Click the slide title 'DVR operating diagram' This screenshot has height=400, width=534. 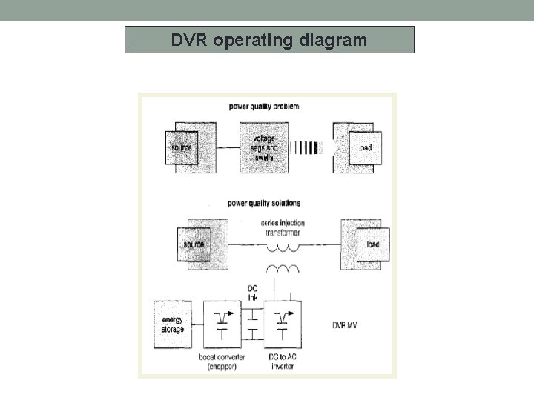268,40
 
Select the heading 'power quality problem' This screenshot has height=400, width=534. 263,107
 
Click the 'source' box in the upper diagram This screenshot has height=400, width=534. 181,148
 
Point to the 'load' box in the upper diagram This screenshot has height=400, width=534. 365,148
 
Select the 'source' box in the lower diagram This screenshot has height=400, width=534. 194,244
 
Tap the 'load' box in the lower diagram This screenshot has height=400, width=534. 371,244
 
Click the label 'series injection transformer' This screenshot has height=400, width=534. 283,227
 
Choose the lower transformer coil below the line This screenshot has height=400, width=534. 282,268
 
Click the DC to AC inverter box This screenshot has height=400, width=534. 282,324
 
